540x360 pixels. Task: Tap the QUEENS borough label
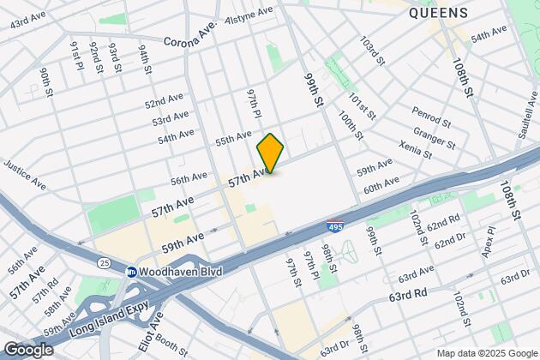coord(438,13)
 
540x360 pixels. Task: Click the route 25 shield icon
coord(105,260)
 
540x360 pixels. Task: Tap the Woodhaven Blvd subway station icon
coord(132,272)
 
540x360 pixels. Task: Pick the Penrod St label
coord(431,113)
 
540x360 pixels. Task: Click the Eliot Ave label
coord(156,325)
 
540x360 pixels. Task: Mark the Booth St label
coord(172,345)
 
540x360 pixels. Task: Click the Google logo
coord(28,349)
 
